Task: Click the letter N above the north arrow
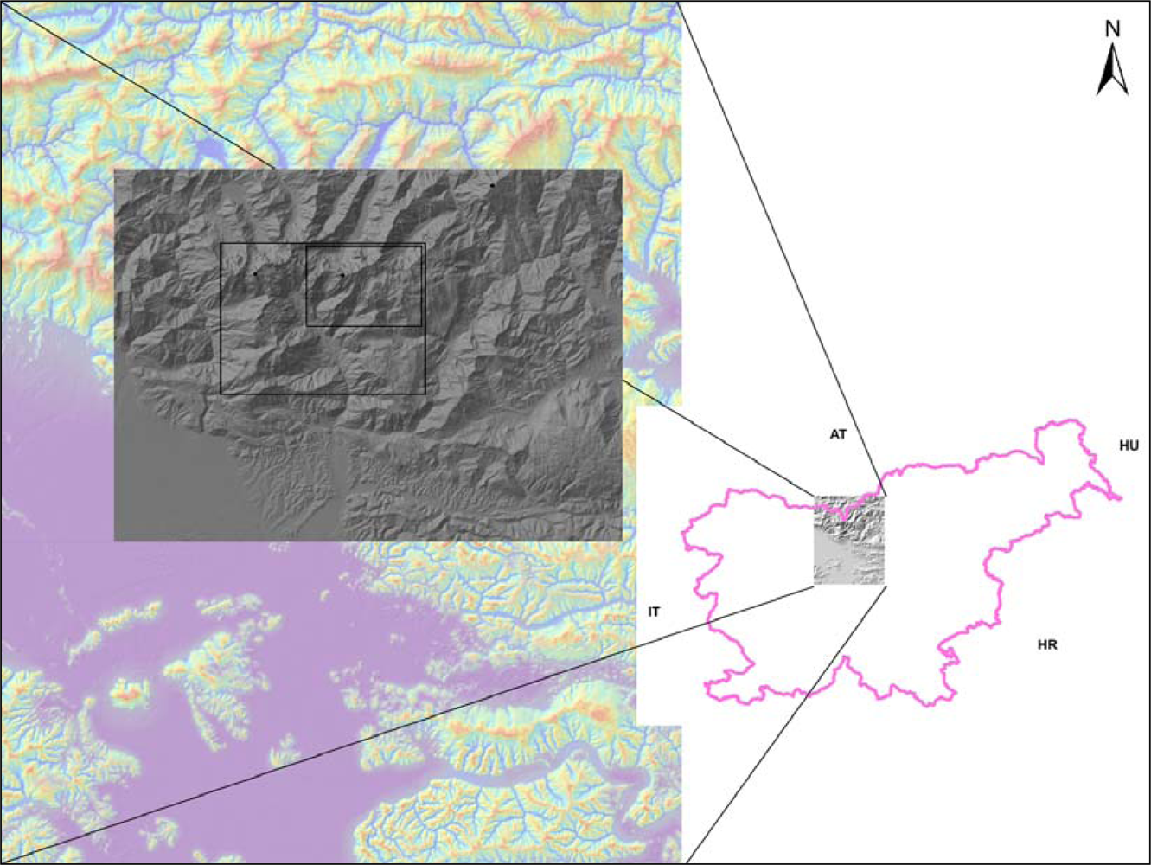[x=1112, y=28]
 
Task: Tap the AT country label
[x=837, y=435]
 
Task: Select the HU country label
[x=1129, y=445]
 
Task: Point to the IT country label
[x=654, y=612]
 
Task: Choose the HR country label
[x=1046, y=645]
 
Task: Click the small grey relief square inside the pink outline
[x=848, y=540]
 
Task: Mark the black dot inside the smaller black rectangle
[x=342, y=275]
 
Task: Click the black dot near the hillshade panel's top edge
[x=492, y=185]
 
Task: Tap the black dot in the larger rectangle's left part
[x=255, y=273]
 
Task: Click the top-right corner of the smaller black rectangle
[x=422, y=245]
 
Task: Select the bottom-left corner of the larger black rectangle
[x=221, y=394]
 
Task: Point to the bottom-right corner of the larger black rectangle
[x=425, y=394]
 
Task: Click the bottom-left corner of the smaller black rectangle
[x=306, y=326]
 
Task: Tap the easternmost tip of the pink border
[x=1121, y=498]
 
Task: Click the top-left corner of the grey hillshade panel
[x=115, y=170]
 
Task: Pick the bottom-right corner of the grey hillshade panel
[x=622, y=541]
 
